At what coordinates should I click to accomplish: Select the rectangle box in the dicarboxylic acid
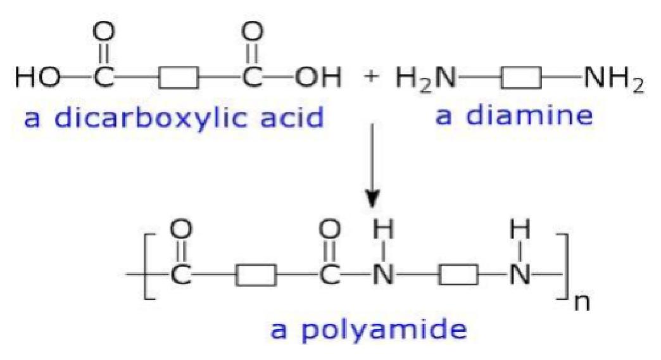click(179, 78)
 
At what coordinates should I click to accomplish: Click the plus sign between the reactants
click(370, 77)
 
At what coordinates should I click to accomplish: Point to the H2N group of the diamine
click(426, 78)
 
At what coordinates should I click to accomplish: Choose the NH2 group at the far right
click(614, 79)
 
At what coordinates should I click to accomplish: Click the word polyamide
click(384, 330)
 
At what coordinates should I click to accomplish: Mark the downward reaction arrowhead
click(372, 199)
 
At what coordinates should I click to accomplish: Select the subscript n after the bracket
click(582, 302)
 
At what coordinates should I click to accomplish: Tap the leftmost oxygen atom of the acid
click(103, 32)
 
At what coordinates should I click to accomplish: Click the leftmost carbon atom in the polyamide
click(181, 276)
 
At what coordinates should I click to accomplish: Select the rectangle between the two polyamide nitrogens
click(458, 275)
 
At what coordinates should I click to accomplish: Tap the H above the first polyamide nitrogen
click(384, 230)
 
